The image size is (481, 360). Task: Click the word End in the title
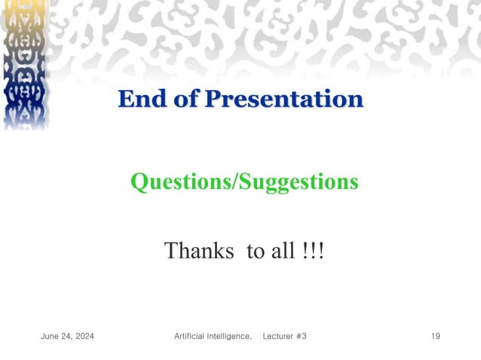(142, 99)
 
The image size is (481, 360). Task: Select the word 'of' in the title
(186, 99)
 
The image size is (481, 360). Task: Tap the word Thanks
(199, 250)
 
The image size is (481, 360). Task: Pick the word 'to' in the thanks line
(255, 251)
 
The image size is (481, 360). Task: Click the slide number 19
(435, 336)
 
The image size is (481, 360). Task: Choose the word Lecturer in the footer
(277, 336)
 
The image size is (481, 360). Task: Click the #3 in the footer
(301, 336)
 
